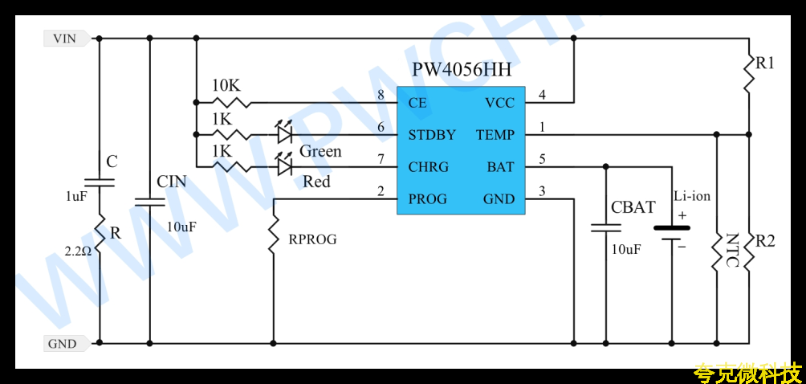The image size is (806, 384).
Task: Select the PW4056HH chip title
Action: pyautogui.click(x=462, y=70)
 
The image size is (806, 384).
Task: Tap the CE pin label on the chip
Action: pyautogui.click(x=417, y=104)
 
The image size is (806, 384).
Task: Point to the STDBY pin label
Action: pyautogui.click(x=432, y=135)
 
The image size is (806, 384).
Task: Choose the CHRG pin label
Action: pyautogui.click(x=428, y=167)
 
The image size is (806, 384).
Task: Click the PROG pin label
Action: pyautogui.click(x=428, y=199)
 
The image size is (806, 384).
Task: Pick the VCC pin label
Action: pyautogui.click(x=499, y=104)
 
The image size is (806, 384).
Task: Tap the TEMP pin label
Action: pyautogui.click(x=495, y=135)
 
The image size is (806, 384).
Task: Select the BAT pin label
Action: pyautogui.click(x=501, y=167)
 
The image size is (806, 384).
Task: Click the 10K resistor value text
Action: pyautogui.click(x=226, y=85)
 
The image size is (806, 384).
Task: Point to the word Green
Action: pyautogui.click(x=320, y=151)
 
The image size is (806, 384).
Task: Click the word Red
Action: pyautogui.click(x=316, y=182)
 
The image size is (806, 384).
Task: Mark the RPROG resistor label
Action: pyautogui.click(x=312, y=239)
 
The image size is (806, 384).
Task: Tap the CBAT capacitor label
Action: pyautogui.click(x=633, y=207)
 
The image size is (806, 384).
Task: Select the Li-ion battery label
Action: pyautogui.click(x=692, y=196)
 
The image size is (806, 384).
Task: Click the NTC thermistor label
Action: pyautogui.click(x=732, y=251)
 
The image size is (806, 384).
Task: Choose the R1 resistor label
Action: pyautogui.click(x=764, y=63)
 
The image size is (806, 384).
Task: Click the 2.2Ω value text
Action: pyautogui.click(x=78, y=251)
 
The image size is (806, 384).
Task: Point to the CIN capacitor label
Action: pyautogui.click(x=172, y=182)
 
